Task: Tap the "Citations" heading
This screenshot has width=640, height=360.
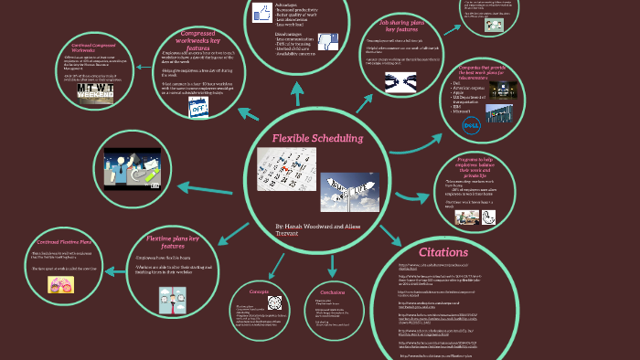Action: (x=444, y=251)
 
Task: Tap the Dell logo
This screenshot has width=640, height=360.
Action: (x=472, y=122)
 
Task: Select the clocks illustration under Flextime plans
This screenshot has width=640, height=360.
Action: (x=170, y=299)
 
